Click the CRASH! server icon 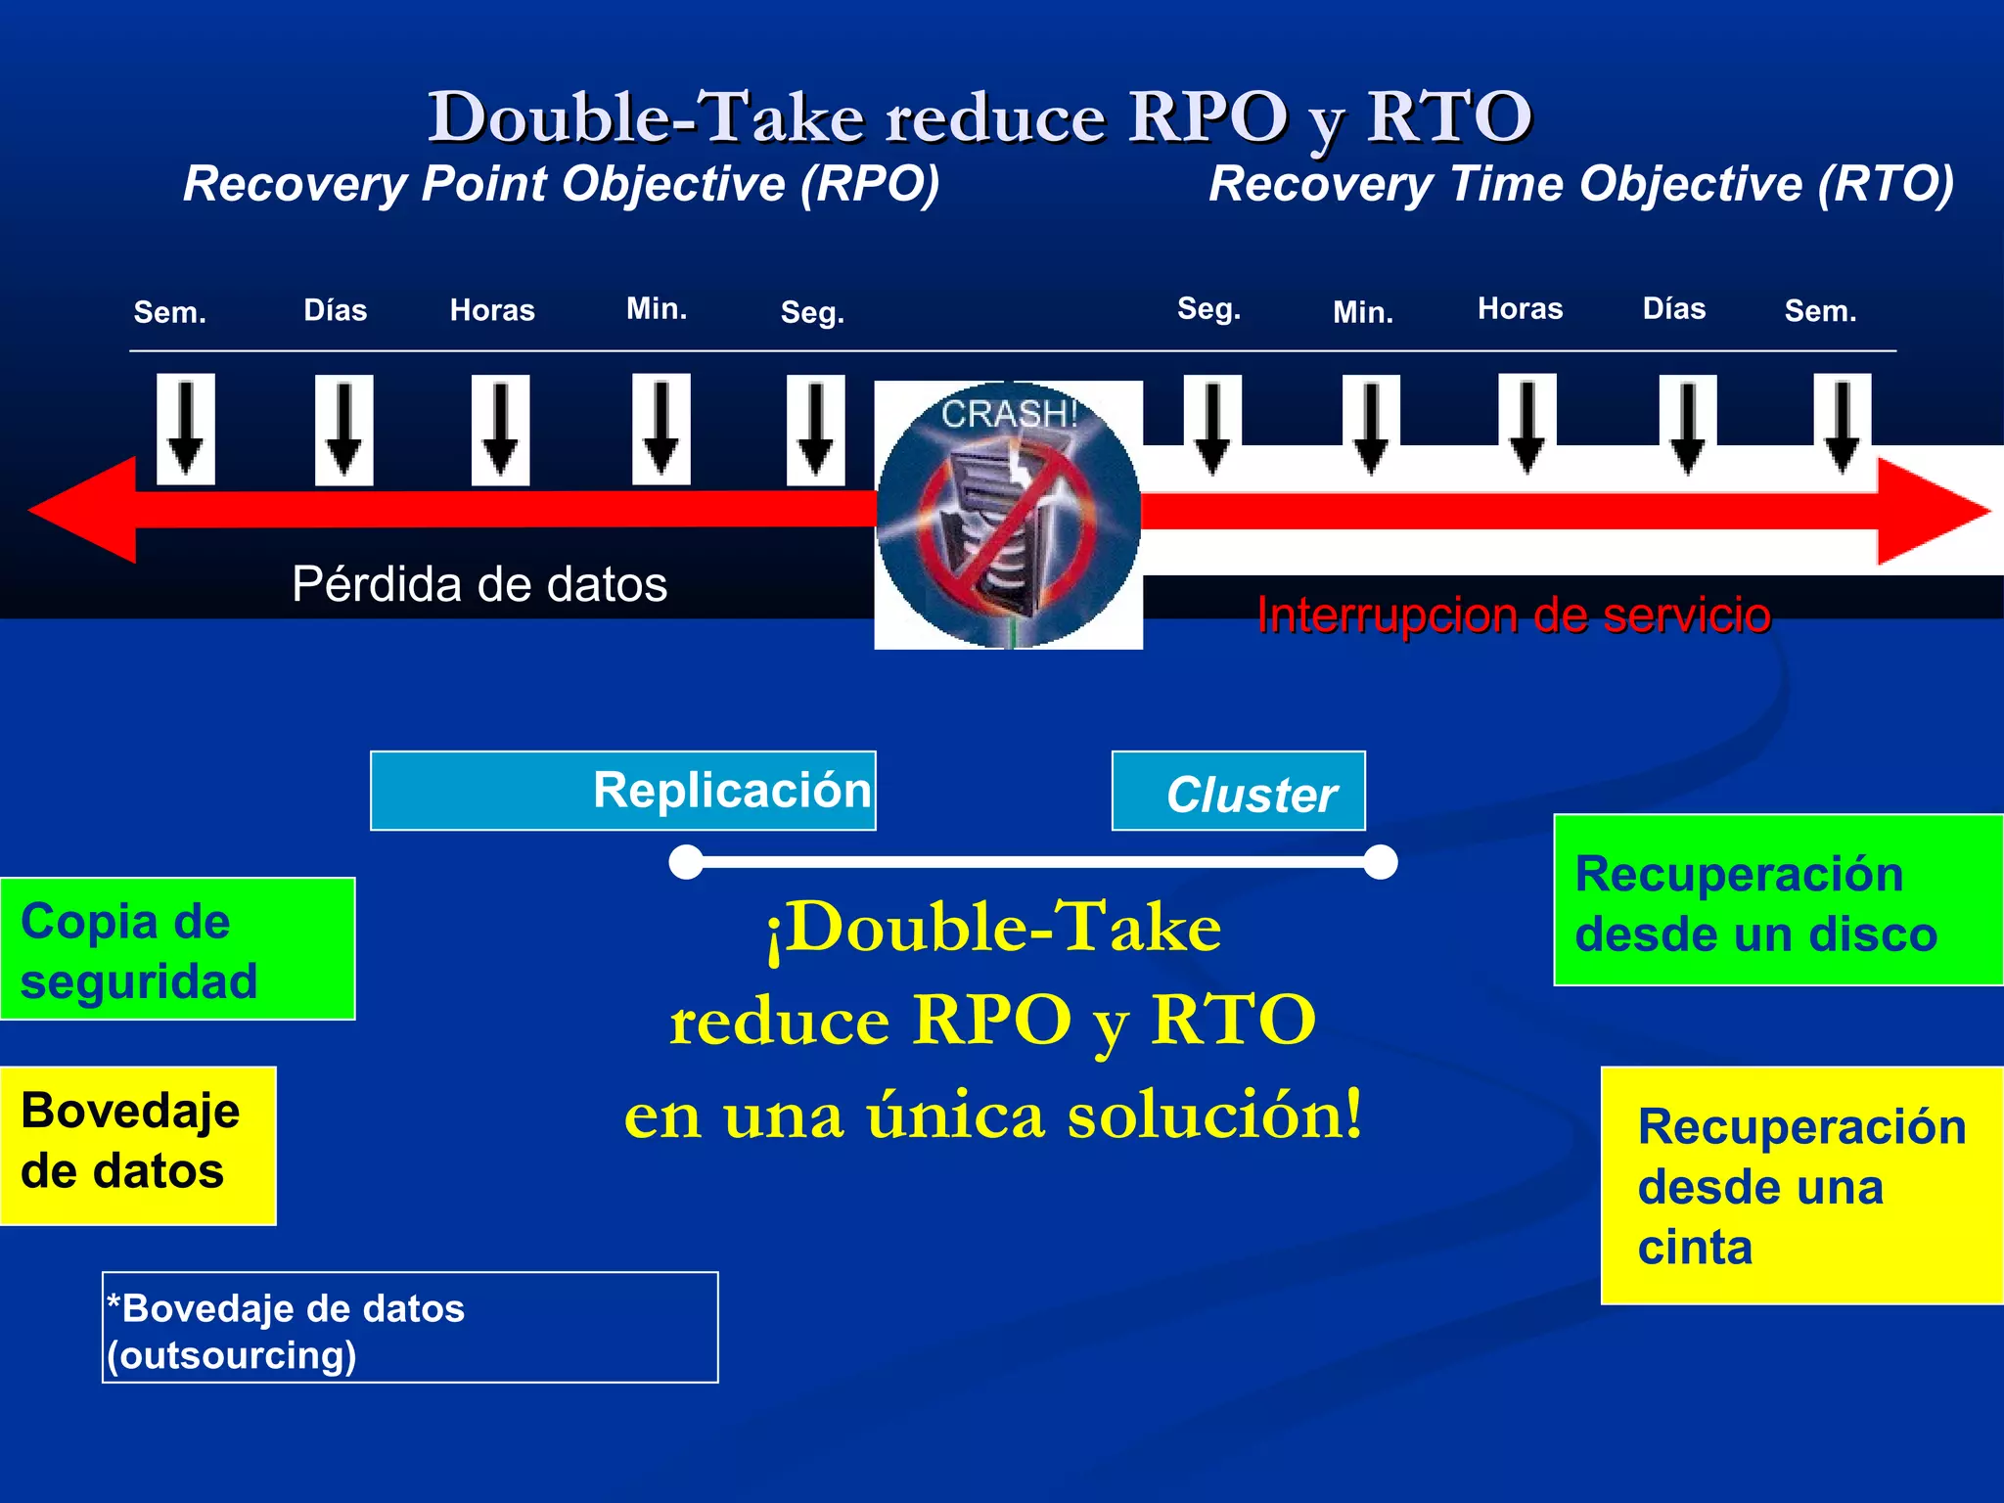point(1008,515)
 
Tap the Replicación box point(623,791)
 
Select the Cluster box point(1238,791)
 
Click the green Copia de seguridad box point(177,949)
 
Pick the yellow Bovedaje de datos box point(137,1145)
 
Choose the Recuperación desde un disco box point(1778,900)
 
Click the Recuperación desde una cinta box point(1801,1185)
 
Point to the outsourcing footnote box point(410,1328)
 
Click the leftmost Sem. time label point(169,312)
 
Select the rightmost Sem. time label point(1820,311)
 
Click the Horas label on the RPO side point(492,310)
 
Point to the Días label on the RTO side point(1673,309)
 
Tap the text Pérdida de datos point(479,584)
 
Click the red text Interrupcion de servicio point(1514,615)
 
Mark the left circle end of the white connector point(686,862)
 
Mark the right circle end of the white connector point(1380,862)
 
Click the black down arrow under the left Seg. point(815,430)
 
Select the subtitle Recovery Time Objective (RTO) point(1580,184)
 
